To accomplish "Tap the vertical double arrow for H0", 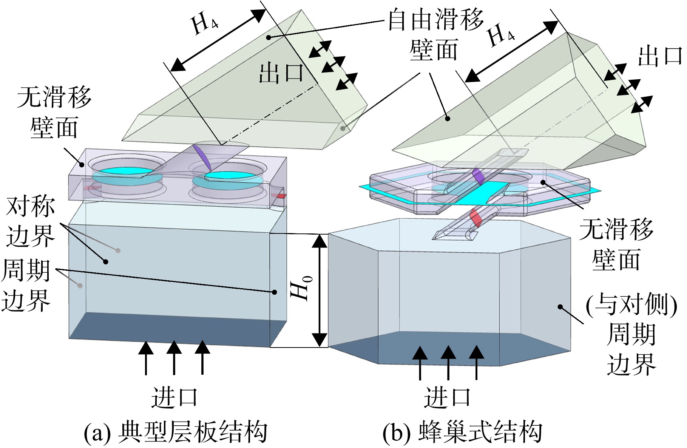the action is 320,290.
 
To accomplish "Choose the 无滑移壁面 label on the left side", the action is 54,112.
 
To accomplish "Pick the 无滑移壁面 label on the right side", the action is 616,244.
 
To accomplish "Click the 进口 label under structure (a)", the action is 174,397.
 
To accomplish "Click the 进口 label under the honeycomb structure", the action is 448,397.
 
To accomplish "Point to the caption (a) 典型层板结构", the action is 176,431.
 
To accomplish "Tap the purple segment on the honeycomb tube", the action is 478,176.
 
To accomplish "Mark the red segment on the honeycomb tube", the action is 475,218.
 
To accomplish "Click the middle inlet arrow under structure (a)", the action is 174,357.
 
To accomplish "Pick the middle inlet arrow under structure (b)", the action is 448,363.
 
